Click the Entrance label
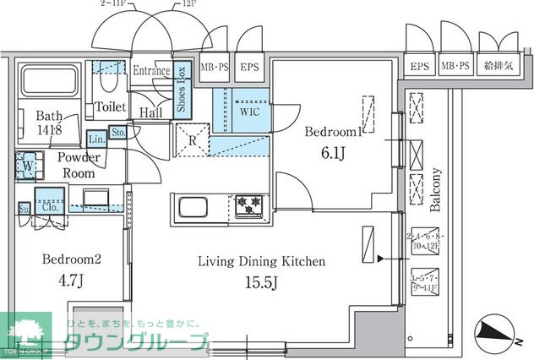coord(152,71)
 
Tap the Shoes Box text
coord(181,91)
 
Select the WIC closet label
coord(250,111)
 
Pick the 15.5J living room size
coord(260,281)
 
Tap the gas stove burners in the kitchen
coord(248,204)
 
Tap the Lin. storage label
coord(96,137)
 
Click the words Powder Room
coord(79,165)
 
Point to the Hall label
coord(151,112)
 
